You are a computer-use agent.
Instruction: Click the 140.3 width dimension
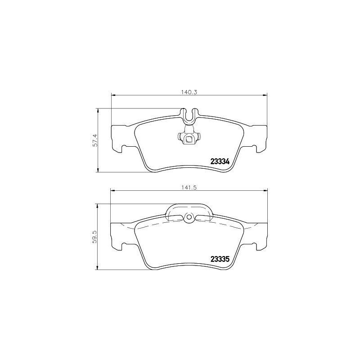(189, 92)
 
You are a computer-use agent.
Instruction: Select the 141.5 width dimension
(189, 187)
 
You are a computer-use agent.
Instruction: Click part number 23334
(220, 162)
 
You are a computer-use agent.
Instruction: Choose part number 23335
(220, 259)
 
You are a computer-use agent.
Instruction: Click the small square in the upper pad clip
(189, 139)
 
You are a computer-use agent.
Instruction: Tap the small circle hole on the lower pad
(189, 217)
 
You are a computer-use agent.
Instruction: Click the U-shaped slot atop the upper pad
(189, 115)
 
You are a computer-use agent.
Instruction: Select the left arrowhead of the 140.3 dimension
(113, 95)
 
